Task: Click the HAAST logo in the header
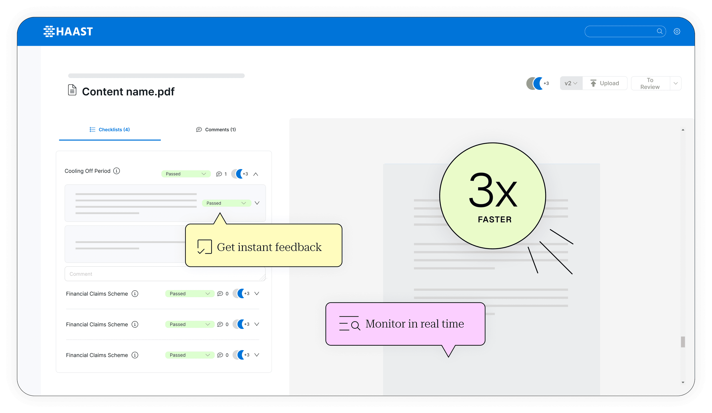point(68,31)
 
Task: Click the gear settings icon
point(677,31)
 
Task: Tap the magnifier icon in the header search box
point(659,31)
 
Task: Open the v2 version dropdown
point(571,83)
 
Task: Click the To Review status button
point(650,83)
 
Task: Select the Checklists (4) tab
point(110,130)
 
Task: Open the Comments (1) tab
point(216,130)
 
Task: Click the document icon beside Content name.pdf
point(72,90)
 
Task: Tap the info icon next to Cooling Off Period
point(116,171)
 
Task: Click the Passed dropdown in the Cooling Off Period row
point(186,174)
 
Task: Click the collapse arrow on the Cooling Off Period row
point(256,174)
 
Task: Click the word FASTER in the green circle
point(494,220)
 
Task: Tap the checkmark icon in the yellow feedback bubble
point(204,247)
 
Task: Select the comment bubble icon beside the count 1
point(219,174)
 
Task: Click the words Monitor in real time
point(415,324)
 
